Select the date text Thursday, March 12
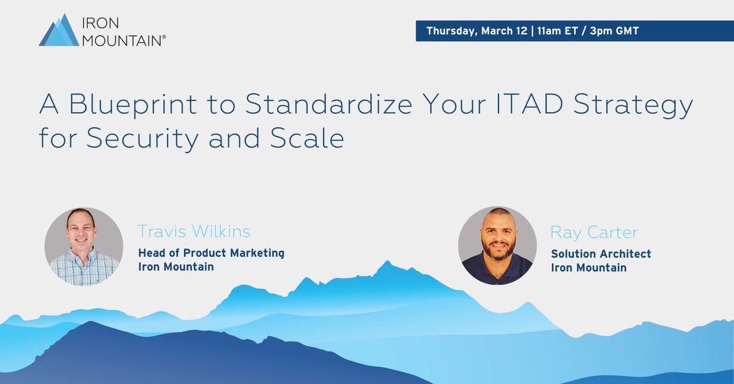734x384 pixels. point(476,31)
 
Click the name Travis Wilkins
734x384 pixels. point(194,232)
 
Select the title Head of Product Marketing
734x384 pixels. point(211,253)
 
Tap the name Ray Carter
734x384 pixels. point(594,232)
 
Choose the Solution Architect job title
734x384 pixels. point(601,254)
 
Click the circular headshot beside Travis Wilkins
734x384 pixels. point(83,246)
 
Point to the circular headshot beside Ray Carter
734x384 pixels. point(497,245)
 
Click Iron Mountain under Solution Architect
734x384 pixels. point(588,267)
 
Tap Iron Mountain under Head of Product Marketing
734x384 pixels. point(176,266)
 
